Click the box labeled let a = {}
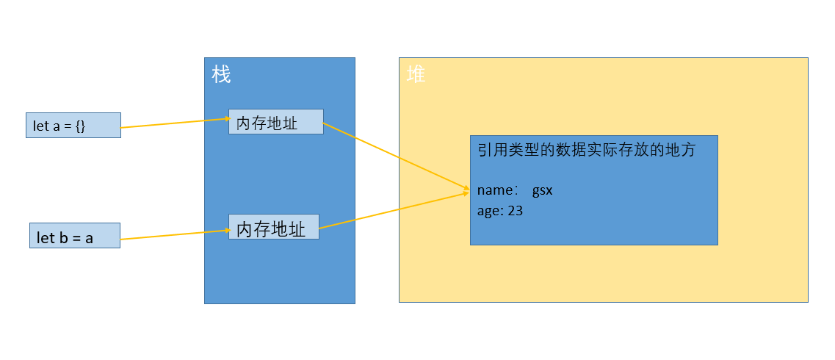tap(73, 125)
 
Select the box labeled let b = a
tap(74, 235)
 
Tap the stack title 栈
tap(221, 74)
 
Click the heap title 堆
tap(416, 74)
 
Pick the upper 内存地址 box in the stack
tap(275, 122)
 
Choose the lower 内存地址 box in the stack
tap(273, 226)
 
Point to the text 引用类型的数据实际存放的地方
tap(585, 151)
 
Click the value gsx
tap(542, 190)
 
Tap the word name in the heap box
tap(494, 190)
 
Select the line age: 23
tap(499, 210)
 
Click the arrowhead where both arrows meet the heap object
tap(466, 192)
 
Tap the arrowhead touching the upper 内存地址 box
tap(226, 118)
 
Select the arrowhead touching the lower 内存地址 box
tap(226, 231)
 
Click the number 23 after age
tap(515, 210)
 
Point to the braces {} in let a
tap(81, 126)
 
